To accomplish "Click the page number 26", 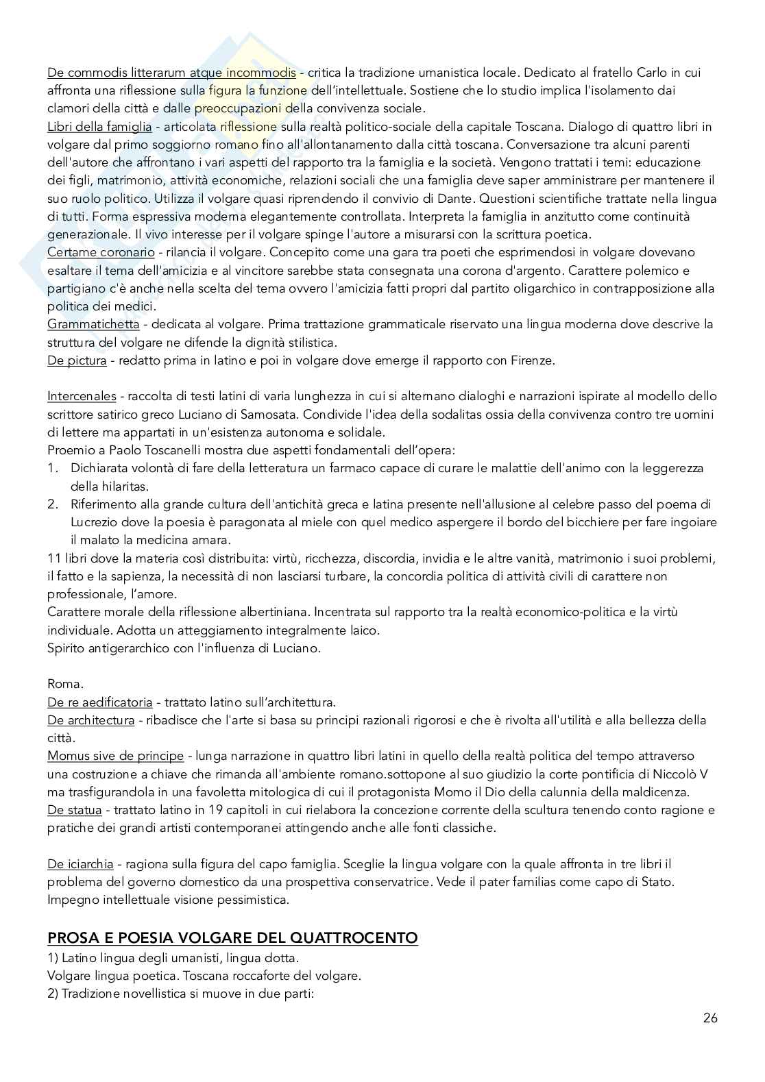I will coord(709,1018).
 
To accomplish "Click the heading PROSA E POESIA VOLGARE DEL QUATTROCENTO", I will coord(232,937).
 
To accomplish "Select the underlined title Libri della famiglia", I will coord(99,126).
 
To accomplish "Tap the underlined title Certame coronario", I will coord(101,252).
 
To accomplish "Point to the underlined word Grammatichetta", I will coord(93,323).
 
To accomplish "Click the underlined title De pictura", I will coord(77,360).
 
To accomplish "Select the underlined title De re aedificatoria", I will coord(100,702).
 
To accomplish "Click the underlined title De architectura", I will coord(90,720).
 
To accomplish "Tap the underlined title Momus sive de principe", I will coord(115,756).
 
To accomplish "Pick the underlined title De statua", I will coord(74,810).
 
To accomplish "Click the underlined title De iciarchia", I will coord(80,864).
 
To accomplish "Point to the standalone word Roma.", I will coord(65,684).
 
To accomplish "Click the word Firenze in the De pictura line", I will coord(533,360).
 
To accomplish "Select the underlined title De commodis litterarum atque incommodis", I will coord(171,72).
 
